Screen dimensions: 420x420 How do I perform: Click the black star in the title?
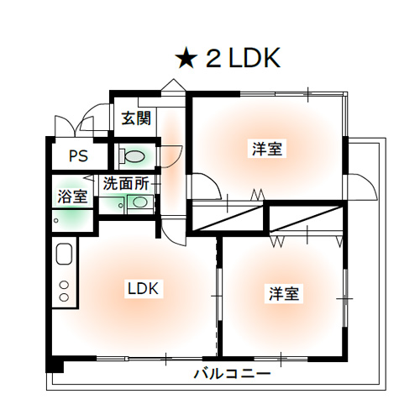[185, 58]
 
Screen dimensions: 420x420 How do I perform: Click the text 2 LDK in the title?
[243, 58]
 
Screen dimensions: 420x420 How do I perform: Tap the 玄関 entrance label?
[136, 118]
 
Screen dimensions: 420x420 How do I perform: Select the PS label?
[78, 155]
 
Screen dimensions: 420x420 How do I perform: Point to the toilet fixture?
[132, 156]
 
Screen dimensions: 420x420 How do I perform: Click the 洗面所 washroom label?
[126, 183]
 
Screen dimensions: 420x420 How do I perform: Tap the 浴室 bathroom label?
[72, 197]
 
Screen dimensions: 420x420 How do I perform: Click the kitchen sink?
[64, 254]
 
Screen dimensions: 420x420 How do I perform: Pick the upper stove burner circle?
[65, 285]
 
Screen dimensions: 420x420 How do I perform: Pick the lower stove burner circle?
[65, 297]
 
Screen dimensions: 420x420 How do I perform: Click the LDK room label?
[143, 288]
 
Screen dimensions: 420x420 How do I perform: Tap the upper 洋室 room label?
[267, 149]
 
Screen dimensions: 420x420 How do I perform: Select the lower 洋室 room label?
[284, 293]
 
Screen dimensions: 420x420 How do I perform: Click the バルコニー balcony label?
[233, 374]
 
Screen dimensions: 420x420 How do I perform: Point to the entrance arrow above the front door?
[174, 84]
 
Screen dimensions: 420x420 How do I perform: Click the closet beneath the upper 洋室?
[228, 218]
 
